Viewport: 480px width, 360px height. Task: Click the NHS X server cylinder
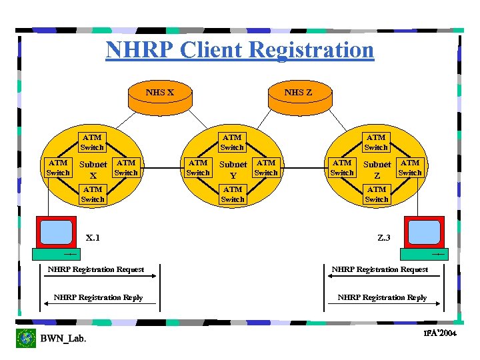(x=160, y=94)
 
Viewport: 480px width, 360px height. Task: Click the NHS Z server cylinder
(x=298, y=94)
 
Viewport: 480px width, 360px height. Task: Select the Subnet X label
(x=93, y=169)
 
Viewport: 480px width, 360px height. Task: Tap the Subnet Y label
(x=233, y=169)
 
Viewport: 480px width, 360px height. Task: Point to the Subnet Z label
(x=377, y=169)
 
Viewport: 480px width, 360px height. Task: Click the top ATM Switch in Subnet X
(x=92, y=142)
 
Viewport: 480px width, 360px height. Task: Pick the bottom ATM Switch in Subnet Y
(x=233, y=194)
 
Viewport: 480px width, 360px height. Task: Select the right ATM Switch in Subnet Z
(x=410, y=167)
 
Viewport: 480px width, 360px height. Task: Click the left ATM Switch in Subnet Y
(x=198, y=167)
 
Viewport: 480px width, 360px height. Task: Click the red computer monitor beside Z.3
(x=423, y=233)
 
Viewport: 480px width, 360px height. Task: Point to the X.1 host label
(x=93, y=237)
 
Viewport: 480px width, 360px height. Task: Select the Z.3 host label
(x=385, y=237)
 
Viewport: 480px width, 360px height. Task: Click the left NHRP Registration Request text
(x=96, y=269)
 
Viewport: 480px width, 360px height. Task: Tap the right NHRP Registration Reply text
(x=382, y=297)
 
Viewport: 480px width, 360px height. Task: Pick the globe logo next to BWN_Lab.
(x=26, y=338)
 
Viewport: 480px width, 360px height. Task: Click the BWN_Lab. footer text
(x=63, y=339)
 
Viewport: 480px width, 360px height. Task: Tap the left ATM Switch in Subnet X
(x=58, y=167)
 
